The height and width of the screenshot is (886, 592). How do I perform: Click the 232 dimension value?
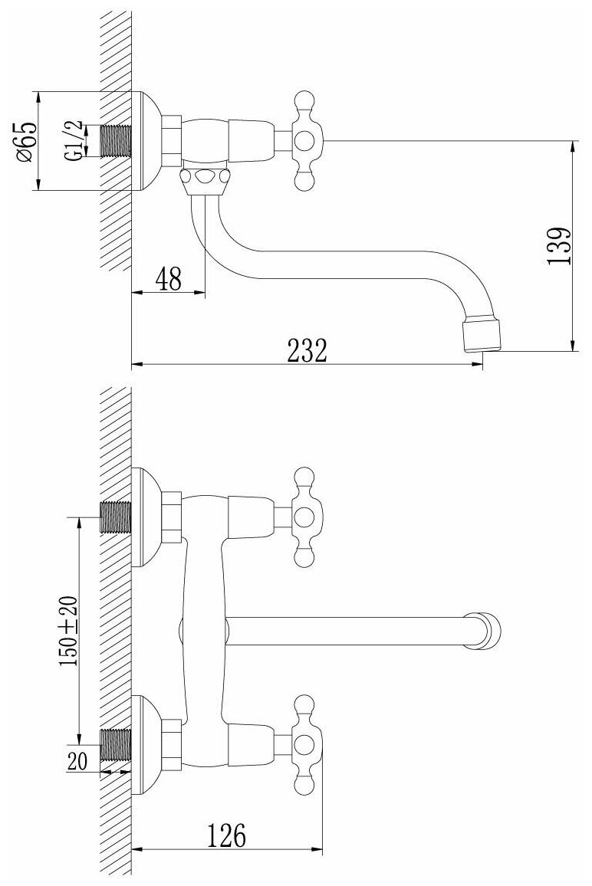coord(307,352)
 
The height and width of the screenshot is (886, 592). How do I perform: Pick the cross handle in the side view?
coord(304,140)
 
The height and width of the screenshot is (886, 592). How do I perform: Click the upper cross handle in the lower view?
coord(304,516)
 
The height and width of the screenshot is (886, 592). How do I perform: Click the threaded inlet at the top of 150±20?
coord(117,517)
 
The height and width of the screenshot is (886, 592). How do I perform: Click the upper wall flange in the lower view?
coord(146,517)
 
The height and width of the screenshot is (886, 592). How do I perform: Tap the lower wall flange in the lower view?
coord(146,743)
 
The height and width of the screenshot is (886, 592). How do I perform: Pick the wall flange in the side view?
coord(146,142)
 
